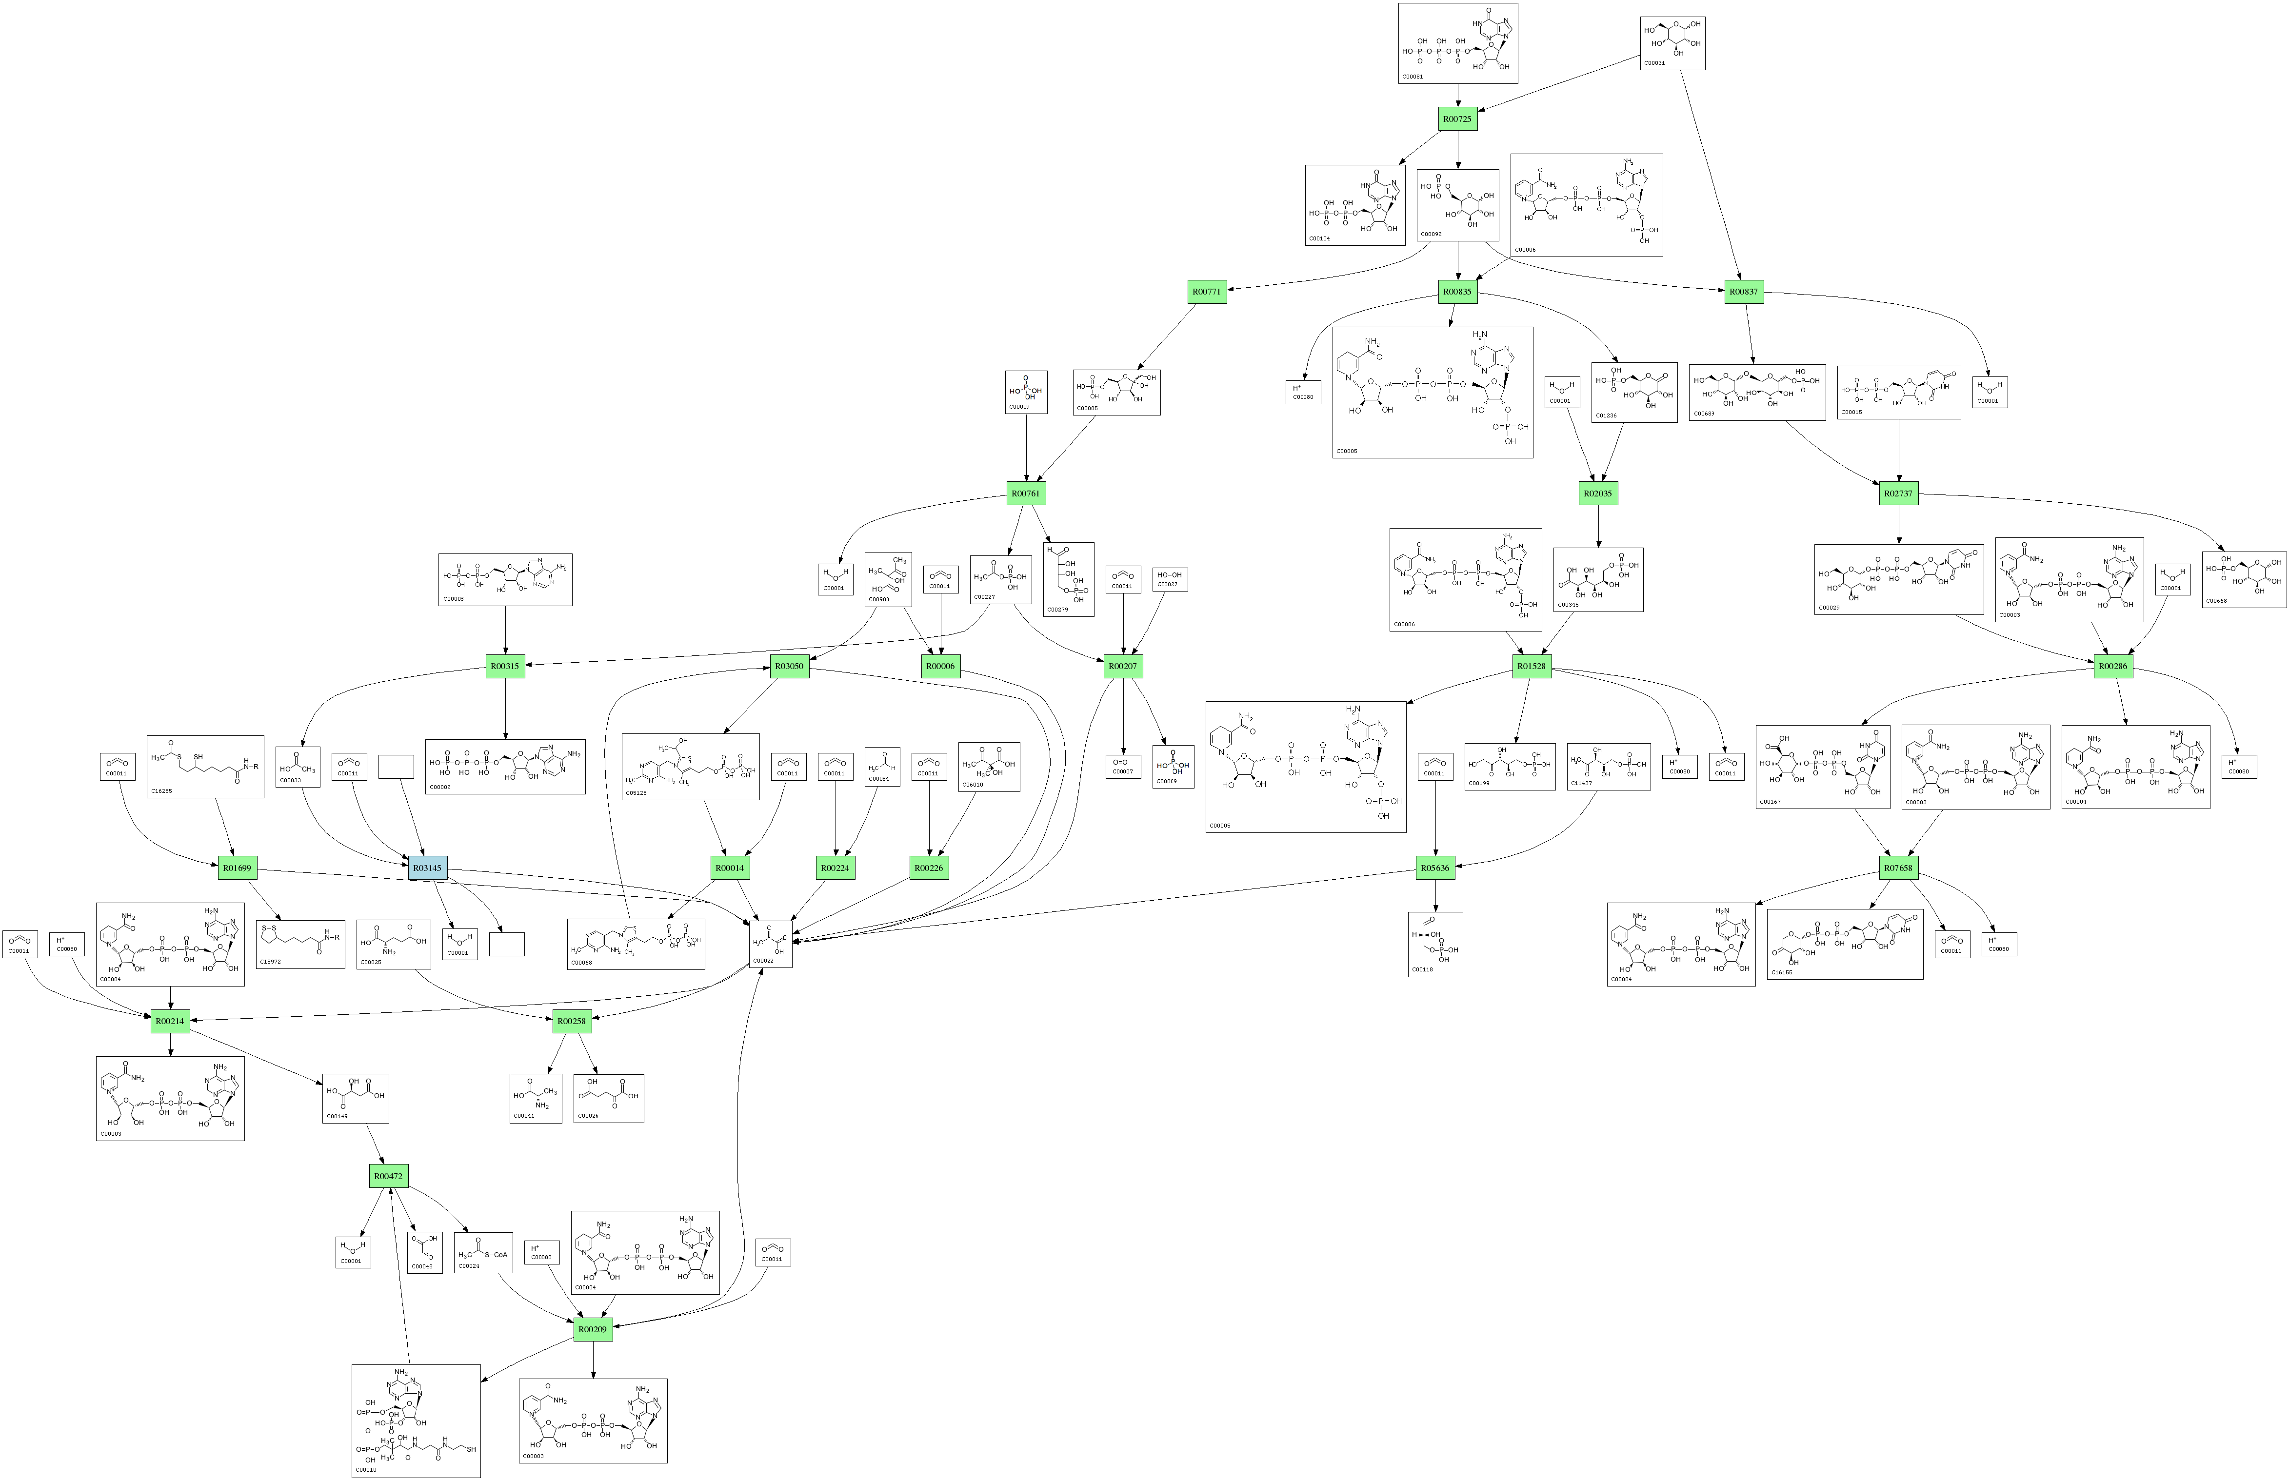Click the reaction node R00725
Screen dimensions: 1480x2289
click(1457, 119)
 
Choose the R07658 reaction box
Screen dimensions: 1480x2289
click(1898, 868)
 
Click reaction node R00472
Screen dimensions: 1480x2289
click(388, 1176)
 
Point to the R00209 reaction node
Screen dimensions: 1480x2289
click(593, 1330)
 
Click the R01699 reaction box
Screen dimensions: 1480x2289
click(237, 868)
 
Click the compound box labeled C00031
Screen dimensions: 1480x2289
click(1672, 43)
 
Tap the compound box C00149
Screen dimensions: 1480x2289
click(355, 1099)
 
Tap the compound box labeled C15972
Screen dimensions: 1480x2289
click(300, 944)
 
